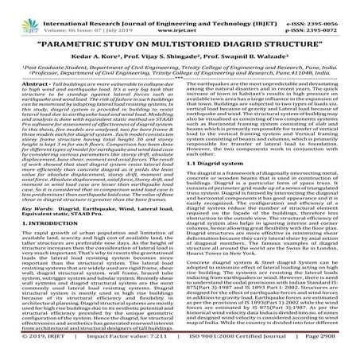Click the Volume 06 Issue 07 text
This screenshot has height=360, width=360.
[96, 23]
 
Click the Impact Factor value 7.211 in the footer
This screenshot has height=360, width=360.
[159, 350]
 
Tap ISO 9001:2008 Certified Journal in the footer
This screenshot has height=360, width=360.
[242, 350]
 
